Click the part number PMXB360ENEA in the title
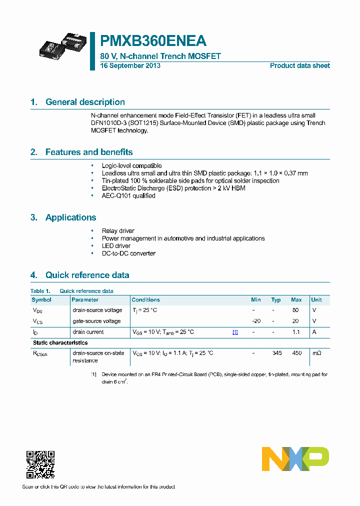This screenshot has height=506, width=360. pyautogui.click(x=153, y=40)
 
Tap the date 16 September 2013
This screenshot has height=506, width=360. pyautogui.click(x=130, y=65)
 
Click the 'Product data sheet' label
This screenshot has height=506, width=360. pyautogui.click(x=299, y=65)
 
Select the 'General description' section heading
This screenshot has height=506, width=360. pyautogui.click(x=85, y=102)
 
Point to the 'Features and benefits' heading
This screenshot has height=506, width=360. pyautogui.click(x=89, y=152)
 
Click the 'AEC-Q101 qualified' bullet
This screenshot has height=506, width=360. pyautogui.click(x=128, y=195)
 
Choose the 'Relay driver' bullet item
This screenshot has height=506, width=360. pyautogui.click(x=118, y=231)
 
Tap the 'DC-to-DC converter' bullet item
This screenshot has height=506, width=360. pyautogui.click(x=128, y=253)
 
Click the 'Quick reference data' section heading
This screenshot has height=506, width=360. pyautogui.click(x=87, y=275)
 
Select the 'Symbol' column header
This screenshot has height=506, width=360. pyautogui.click(x=41, y=300)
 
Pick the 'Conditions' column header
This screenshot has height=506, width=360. pyautogui.click(x=145, y=300)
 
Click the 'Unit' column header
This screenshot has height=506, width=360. pyautogui.click(x=316, y=300)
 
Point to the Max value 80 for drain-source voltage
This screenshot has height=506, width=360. pyautogui.click(x=295, y=310)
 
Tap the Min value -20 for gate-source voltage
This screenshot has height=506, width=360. pyautogui.click(x=255, y=321)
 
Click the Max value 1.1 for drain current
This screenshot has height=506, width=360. pyautogui.click(x=295, y=332)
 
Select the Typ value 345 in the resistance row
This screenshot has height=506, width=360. pyautogui.click(x=276, y=353)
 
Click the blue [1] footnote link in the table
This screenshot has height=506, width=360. pyautogui.click(x=235, y=332)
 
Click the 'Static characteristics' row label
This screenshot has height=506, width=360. pyautogui.click(x=60, y=342)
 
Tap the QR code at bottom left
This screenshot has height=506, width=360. pyautogui.click(x=40, y=464)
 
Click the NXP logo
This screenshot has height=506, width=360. pyautogui.click(x=295, y=459)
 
